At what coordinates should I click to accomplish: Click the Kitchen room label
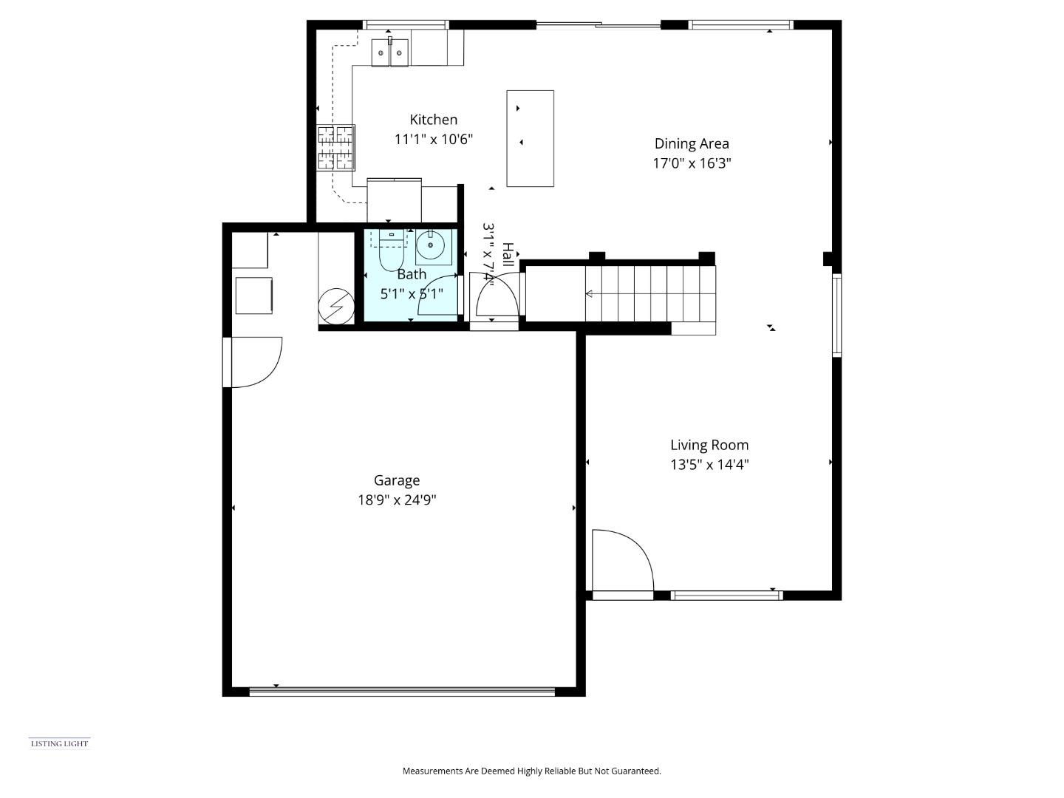click(434, 120)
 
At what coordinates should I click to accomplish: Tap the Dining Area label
click(692, 144)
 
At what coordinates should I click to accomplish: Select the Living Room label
click(709, 445)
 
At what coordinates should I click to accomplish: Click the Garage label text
click(397, 480)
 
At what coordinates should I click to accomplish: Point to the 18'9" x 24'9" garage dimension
click(397, 500)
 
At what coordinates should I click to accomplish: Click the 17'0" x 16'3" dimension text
click(692, 163)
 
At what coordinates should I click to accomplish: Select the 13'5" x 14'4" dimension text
click(709, 465)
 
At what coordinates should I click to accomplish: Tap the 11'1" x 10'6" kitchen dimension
click(434, 139)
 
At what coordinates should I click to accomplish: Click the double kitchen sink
click(390, 52)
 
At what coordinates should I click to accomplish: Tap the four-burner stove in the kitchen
click(335, 148)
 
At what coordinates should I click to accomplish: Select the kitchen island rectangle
click(530, 138)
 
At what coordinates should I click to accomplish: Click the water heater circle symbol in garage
click(335, 305)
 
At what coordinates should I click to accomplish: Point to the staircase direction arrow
click(590, 294)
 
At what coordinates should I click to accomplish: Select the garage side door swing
click(255, 362)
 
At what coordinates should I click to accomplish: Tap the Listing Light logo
click(59, 743)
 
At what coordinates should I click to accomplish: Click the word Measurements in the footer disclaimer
click(432, 771)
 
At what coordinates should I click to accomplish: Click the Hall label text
click(508, 254)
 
